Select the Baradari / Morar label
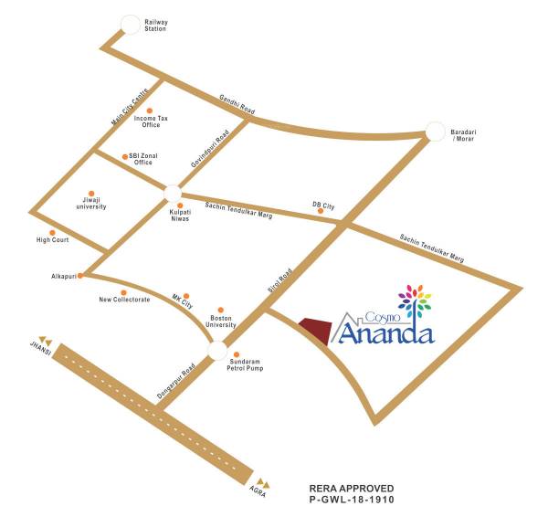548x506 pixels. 464,136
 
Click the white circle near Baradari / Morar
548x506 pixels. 434,132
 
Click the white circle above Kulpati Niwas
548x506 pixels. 173,193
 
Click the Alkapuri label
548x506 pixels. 65,275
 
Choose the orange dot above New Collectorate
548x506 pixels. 123,292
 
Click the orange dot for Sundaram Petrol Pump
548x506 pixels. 237,354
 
